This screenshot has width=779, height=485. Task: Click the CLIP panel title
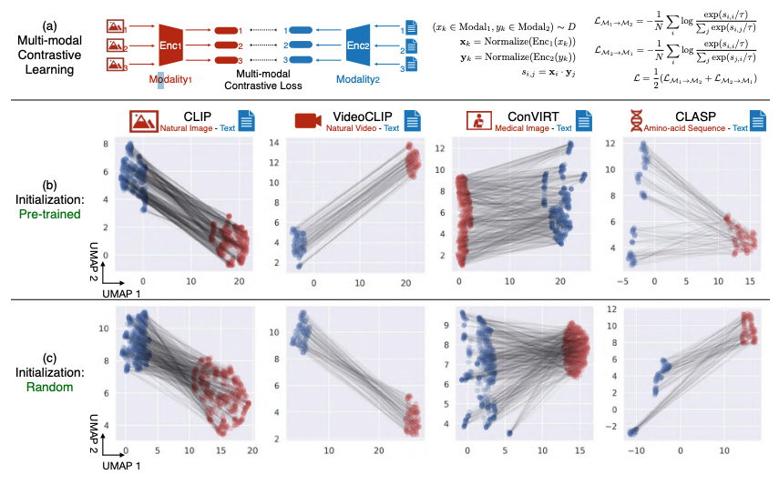[200, 116]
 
